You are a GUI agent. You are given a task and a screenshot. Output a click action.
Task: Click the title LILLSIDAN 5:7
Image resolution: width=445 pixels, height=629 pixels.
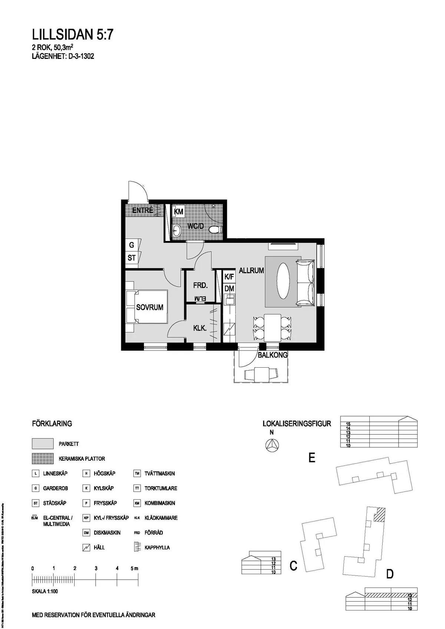[x=73, y=35]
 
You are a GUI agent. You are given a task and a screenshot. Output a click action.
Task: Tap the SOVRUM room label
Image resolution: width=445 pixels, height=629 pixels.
[x=149, y=307]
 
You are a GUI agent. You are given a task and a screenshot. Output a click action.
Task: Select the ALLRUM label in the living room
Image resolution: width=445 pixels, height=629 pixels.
[x=251, y=271]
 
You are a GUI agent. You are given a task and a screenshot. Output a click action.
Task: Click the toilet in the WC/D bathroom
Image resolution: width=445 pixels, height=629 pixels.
[x=214, y=230]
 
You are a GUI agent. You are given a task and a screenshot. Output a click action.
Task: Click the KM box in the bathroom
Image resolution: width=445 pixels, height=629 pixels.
[x=179, y=212]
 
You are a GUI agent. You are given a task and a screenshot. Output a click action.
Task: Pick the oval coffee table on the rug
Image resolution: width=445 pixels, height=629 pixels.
[x=284, y=281]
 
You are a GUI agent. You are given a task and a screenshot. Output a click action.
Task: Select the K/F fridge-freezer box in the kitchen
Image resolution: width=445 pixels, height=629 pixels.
[x=229, y=277]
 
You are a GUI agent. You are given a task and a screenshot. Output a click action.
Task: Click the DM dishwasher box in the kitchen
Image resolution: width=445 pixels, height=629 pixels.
[x=229, y=288]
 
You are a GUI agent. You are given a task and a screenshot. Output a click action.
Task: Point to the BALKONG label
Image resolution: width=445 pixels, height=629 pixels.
[x=273, y=355]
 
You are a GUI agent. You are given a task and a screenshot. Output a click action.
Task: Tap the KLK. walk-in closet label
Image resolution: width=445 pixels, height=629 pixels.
[x=200, y=328]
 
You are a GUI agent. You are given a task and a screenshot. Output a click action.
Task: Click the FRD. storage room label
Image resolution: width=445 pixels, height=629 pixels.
[x=200, y=286]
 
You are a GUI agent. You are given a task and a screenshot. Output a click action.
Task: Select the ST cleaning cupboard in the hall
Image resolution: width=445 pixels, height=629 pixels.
[x=132, y=258]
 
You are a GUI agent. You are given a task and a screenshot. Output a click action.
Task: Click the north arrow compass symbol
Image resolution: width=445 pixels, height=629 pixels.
[x=272, y=445]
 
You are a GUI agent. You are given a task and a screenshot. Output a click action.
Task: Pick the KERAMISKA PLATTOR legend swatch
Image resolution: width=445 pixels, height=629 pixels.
[x=43, y=458]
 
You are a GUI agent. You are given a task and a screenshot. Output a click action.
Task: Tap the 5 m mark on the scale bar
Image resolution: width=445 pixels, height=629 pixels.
[x=138, y=579]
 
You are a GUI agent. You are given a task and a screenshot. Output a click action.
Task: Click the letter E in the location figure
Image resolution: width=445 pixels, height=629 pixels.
[x=312, y=458]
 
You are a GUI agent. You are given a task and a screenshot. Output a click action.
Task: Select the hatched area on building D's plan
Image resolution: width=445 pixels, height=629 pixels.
[x=379, y=515]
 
